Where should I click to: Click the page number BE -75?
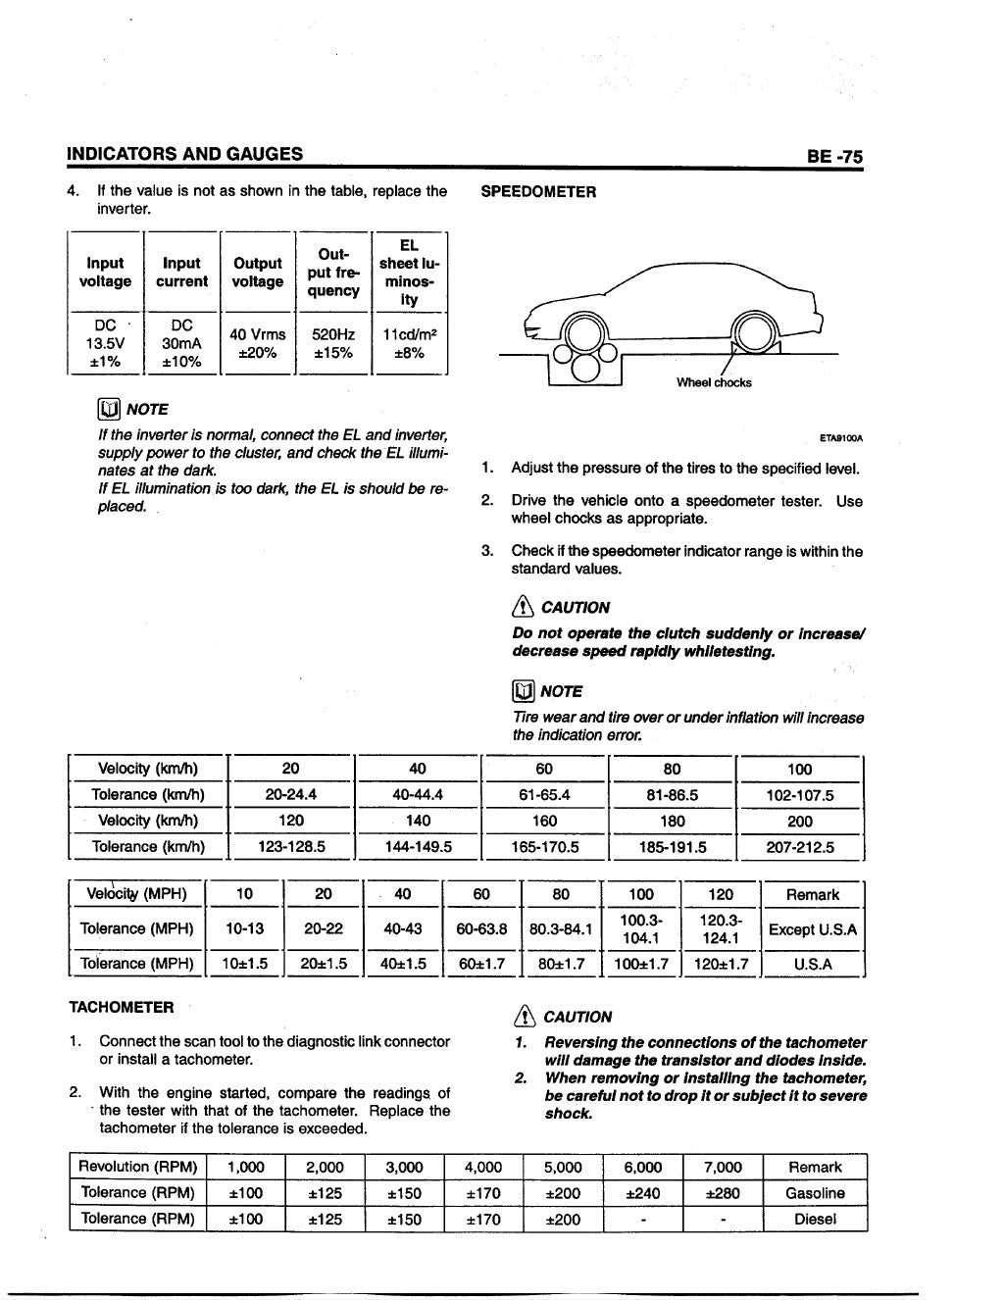click(833, 156)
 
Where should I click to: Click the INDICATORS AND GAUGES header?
click(184, 154)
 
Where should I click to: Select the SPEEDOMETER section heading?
click(538, 192)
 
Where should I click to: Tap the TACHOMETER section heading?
click(122, 1007)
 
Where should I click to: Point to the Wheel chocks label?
click(714, 382)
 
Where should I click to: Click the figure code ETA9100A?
click(846, 438)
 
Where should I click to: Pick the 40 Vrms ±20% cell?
click(259, 343)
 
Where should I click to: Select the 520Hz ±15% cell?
click(332, 343)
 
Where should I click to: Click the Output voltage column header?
click(258, 273)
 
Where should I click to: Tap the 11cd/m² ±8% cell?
click(409, 343)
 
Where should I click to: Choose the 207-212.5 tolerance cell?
click(799, 847)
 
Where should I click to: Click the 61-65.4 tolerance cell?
click(544, 795)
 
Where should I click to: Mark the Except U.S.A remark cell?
click(813, 929)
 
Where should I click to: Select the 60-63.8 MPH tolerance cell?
click(481, 929)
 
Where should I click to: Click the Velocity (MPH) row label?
click(137, 894)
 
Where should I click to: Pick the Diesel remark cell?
click(815, 1220)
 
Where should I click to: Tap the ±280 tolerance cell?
click(723, 1193)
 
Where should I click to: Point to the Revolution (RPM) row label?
click(138, 1167)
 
